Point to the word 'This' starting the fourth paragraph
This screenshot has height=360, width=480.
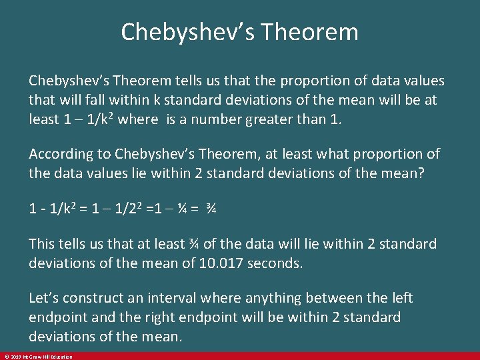(x=43, y=244)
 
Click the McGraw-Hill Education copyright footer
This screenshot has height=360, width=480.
(x=37, y=357)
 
